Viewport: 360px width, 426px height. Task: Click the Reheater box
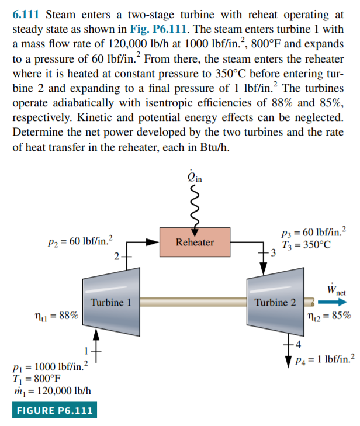point(195,241)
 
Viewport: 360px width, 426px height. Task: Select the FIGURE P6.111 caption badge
point(53,410)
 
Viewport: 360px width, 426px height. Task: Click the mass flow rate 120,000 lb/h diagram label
point(51,390)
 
